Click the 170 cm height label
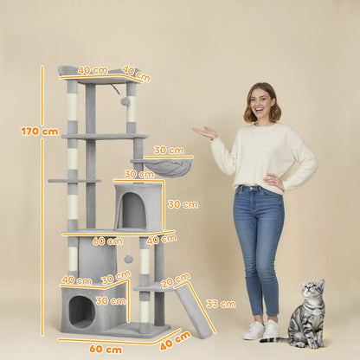point(39,132)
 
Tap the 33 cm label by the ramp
point(221,304)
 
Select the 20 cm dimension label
point(175,280)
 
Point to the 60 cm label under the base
point(106,349)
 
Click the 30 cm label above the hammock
point(169,151)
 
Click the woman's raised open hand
point(206,132)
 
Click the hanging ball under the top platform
point(125,101)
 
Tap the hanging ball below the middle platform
point(128,259)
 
